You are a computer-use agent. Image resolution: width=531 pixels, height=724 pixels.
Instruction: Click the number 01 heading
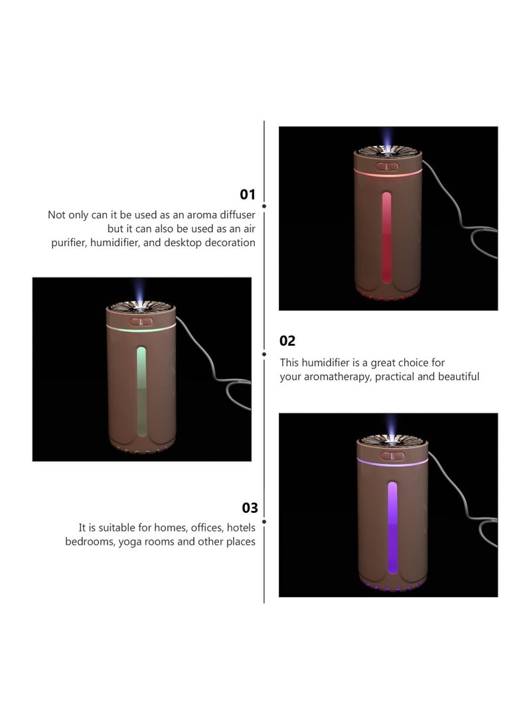(248, 194)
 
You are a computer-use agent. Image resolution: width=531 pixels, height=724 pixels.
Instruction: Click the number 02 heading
(287, 340)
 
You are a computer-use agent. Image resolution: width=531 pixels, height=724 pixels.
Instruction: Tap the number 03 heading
(250, 508)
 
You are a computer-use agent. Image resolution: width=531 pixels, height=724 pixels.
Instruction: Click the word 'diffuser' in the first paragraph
(238, 215)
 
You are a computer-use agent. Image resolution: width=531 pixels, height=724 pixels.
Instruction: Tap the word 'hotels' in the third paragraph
(240, 528)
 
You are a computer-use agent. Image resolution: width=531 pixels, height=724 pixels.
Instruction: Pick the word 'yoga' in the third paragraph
(129, 542)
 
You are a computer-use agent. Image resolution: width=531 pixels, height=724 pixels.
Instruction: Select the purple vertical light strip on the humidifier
(392, 528)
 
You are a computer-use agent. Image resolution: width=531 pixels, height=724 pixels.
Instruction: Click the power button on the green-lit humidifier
(141, 321)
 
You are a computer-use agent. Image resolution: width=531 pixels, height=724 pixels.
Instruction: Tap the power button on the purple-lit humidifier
(392, 456)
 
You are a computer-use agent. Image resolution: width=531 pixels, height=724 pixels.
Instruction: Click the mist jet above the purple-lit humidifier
(392, 426)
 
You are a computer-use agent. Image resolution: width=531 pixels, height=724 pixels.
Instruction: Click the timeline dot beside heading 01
(264, 206)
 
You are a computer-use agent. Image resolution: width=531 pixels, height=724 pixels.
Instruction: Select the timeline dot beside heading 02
(264, 354)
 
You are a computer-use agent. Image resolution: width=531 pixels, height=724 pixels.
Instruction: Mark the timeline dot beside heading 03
(264, 522)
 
